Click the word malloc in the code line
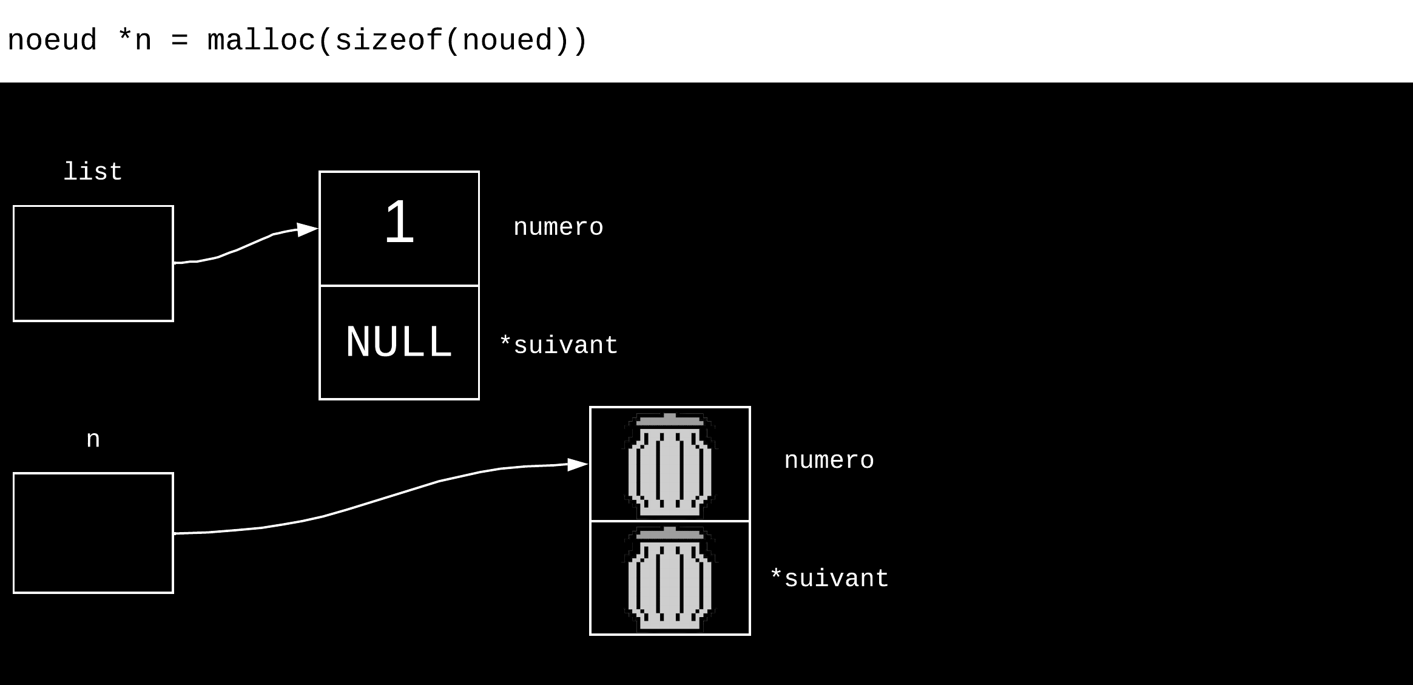(261, 41)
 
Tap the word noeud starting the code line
(52, 41)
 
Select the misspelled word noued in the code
(507, 41)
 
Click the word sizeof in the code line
(388, 41)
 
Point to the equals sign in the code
(180, 41)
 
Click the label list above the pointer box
(93, 172)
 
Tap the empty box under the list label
(93, 263)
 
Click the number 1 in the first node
(399, 223)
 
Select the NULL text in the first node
(399, 342)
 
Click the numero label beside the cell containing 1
(558, 228)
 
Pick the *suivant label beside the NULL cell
(558, 345)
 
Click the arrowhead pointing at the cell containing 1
(308, 230)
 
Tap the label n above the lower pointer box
(93, 439)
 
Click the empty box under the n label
(93, 533)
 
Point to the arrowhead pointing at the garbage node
(577, 465)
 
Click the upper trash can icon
(670, 465)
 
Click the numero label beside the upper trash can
(829, 461)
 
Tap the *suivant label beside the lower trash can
(829, 579)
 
